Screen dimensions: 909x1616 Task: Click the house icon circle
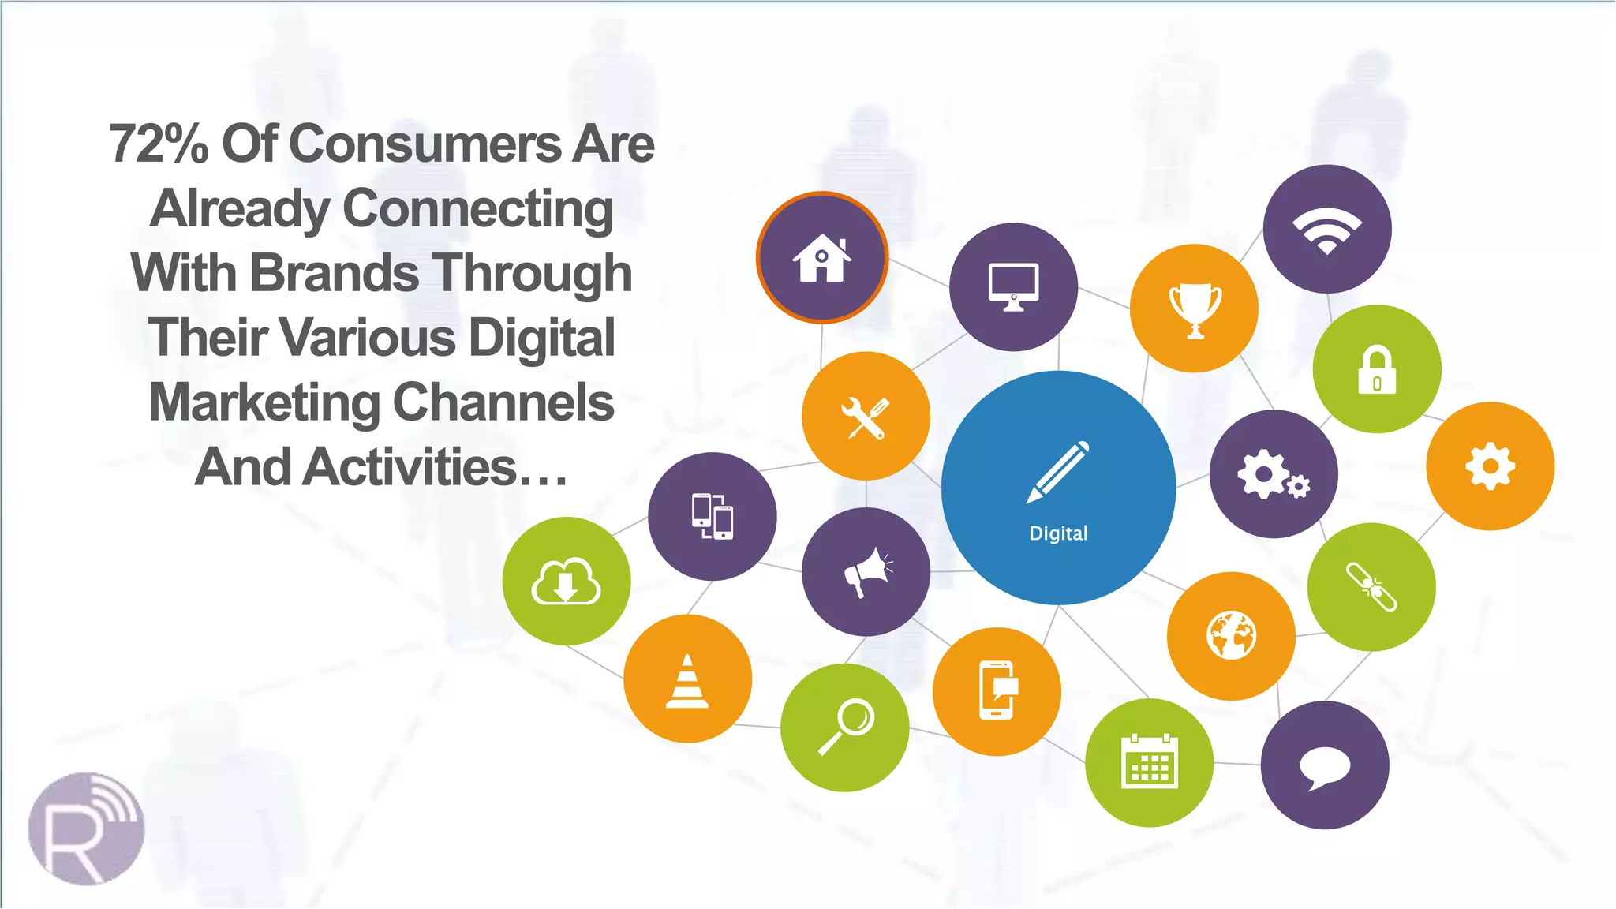pos(822,258)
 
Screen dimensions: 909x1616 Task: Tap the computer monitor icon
pos(1014,287)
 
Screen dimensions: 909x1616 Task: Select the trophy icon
pos(1195,309)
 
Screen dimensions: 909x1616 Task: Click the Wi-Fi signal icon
pos(1327,230)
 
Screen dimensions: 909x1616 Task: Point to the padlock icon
pos(1377,370)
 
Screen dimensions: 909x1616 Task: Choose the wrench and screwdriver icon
pos(866,417)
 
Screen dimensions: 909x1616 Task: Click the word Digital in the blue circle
pos(1058,533)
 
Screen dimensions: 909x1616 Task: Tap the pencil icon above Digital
pos(1057,472)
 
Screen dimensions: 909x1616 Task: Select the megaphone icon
pos(866,572)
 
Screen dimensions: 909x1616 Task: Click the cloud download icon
pos(566,582)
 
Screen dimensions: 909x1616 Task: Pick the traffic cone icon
pos(687,680)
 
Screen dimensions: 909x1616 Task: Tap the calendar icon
pos(1150,762)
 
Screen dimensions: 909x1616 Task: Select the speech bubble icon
pos(1325,766)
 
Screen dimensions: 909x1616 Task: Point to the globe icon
pos(1231,636)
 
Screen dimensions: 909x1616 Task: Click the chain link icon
pos(1371,587)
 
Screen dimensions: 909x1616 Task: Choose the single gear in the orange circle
pos(1490,466)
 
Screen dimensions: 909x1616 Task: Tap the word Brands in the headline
pos(335,273)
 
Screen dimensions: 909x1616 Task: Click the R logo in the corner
pos(86,829)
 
